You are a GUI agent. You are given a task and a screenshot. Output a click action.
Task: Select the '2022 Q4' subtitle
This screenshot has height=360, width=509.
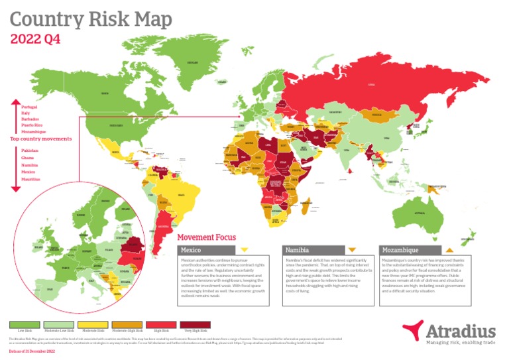[x=35, y=38]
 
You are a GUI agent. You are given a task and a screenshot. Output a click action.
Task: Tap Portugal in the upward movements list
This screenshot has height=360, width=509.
[x=29, y=107]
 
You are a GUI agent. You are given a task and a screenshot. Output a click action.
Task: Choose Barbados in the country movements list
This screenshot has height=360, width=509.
[x=30, y=119]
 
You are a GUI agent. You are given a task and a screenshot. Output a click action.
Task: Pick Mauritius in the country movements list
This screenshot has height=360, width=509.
[x=30, y=179]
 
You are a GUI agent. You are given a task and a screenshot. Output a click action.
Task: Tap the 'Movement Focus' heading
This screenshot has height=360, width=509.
[x=207, y=237]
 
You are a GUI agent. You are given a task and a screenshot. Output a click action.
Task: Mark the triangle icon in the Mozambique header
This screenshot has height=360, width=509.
[x=449, y=250]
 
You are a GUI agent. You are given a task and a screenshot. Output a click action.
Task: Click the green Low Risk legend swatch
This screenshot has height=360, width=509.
[x=25, y=324]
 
